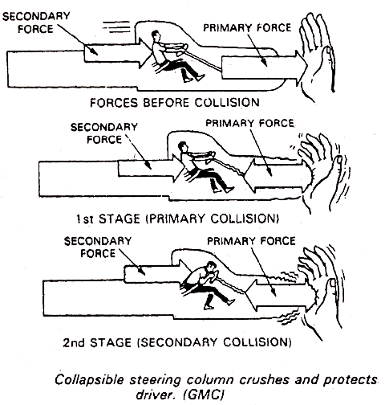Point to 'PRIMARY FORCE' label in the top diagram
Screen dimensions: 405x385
pos(244,27)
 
